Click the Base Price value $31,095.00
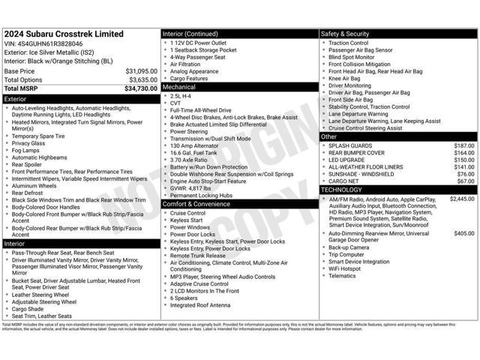141,71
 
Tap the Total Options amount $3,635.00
142,79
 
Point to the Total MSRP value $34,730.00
140,88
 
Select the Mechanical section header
179,87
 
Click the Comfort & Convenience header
197,204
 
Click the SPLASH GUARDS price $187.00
464,145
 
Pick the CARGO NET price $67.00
466,181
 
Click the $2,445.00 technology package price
462,199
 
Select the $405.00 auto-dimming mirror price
464,233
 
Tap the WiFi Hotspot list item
344,268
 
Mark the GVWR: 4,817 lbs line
196,187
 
